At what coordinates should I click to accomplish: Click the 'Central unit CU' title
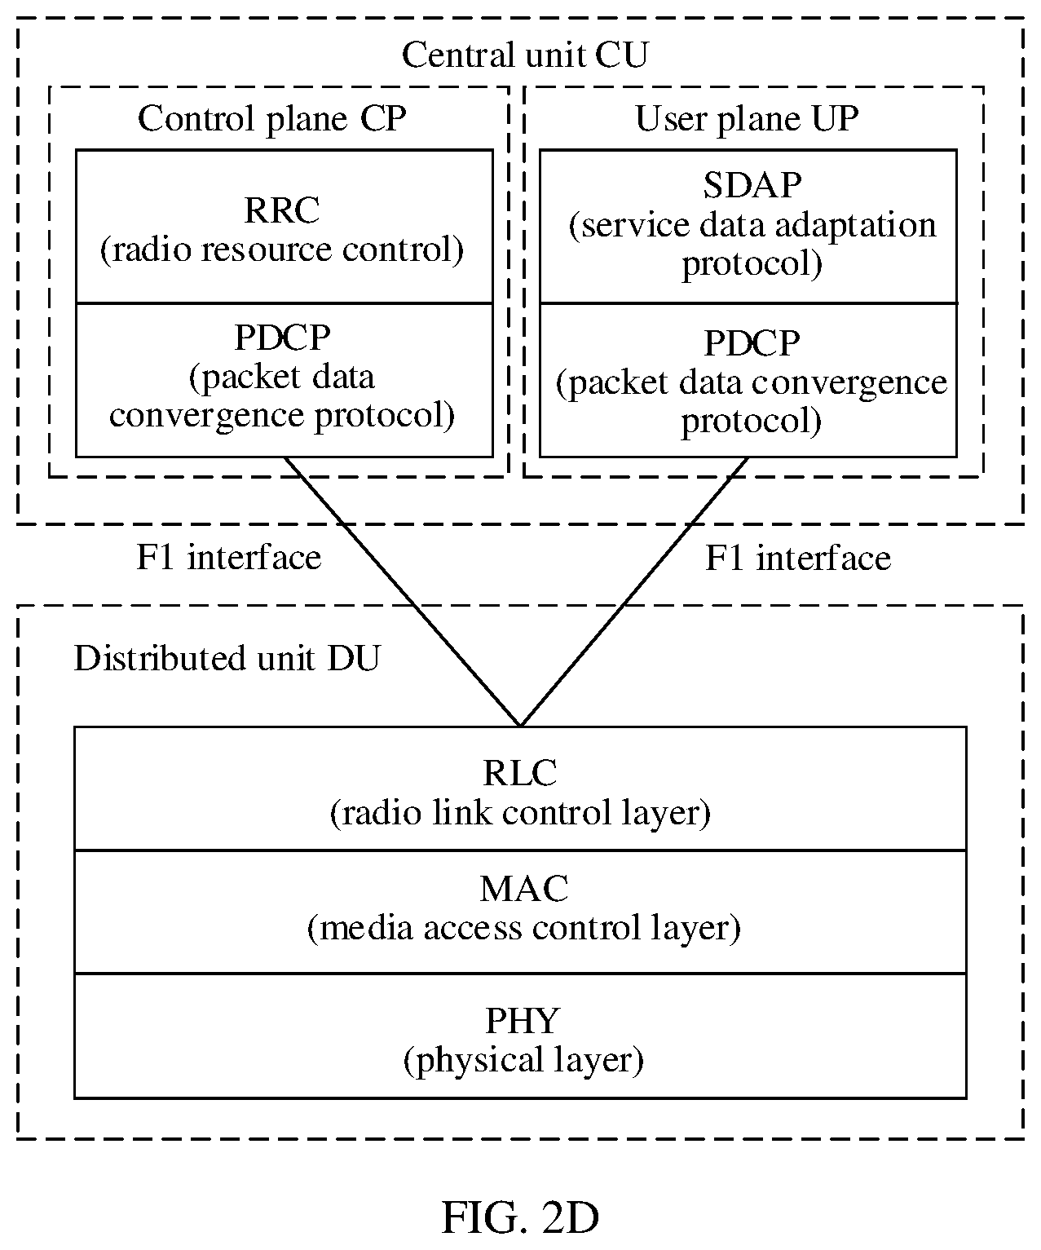coord(524,55)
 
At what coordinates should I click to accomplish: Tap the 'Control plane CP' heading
coord(271,118)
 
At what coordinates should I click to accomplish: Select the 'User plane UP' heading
coord(747,118)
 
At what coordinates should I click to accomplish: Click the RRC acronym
coord(281,210)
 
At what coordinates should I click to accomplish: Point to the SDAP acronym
coord(752,185)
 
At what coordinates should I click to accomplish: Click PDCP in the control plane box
coord(282,338)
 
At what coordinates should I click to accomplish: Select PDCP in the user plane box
coord(752,343)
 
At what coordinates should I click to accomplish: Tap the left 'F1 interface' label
coord(229,558)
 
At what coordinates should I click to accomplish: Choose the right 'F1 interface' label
coord(798,558)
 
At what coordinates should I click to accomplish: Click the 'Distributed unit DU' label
coord(227,658)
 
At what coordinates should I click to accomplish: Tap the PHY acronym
coord(522,1020)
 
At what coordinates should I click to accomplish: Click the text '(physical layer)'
coord(523,1061)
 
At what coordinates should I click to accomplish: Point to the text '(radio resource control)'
coord(281,250)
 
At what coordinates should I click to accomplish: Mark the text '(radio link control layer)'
coord(520,813)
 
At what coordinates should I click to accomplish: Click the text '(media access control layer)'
coord(524,928)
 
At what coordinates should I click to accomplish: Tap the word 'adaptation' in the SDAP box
coord(855,227)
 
